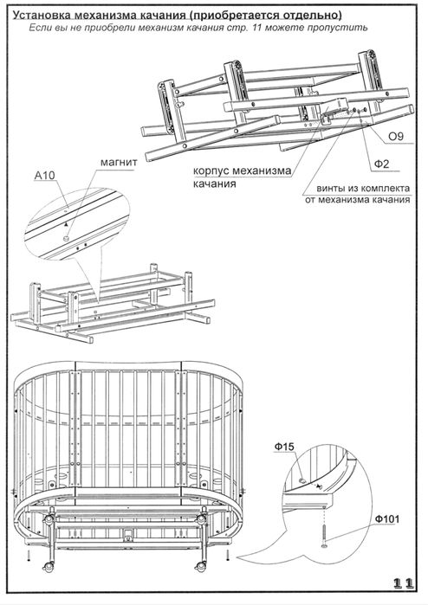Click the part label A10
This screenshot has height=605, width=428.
[45, 176]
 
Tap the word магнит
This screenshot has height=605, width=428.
[119, 162]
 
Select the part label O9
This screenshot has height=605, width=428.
[396, 136]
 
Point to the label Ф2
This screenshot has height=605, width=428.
[381, 164]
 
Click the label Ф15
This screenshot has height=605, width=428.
[284, 447]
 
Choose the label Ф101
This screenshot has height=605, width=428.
[387, 519]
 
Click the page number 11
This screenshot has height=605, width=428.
[403, 582]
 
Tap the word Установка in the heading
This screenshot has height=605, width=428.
[42, 15]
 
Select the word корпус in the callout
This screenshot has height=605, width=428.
[211, 171]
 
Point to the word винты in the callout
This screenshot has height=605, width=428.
[329, 189]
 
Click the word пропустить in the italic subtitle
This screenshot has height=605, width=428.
[344, 28]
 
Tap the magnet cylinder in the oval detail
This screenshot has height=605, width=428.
[67, 239]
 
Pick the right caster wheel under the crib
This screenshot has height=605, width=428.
[200, 566]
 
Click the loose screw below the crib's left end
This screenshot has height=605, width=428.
[29, 556]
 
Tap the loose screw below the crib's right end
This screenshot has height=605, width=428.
[228, 555]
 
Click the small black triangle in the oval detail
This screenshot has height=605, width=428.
[67, 224]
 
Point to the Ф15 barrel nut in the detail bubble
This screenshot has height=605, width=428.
[303, 480]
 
